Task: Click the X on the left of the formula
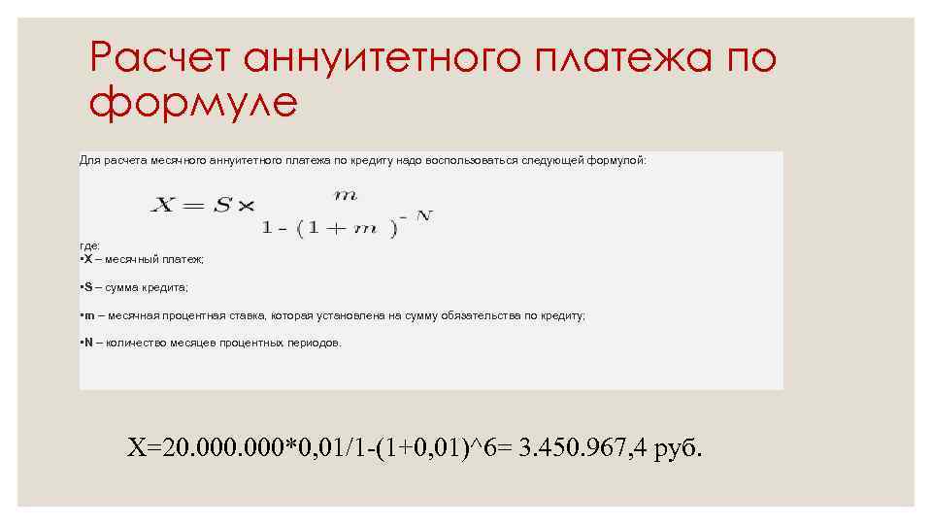[164, 205]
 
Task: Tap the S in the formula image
[222, 205]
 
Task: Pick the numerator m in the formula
[346, 194]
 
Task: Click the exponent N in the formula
[423, 214]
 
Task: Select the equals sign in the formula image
[192, 205]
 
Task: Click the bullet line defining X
[142, 259]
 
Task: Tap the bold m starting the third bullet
[89, 315]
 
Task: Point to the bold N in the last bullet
[88, 343]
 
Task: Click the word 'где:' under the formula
[89, 246]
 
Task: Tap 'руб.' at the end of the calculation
[678, 449]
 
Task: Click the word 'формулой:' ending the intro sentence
[616, 159]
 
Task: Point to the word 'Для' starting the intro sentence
[89, 159]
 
